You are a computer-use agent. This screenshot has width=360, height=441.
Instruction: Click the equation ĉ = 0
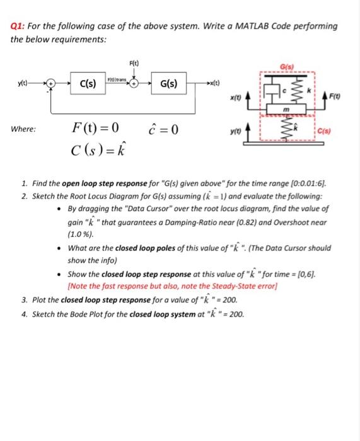click(165, 130)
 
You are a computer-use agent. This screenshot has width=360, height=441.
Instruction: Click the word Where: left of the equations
click(24, 130)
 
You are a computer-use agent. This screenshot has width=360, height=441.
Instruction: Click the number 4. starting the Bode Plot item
click(25, 313)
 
